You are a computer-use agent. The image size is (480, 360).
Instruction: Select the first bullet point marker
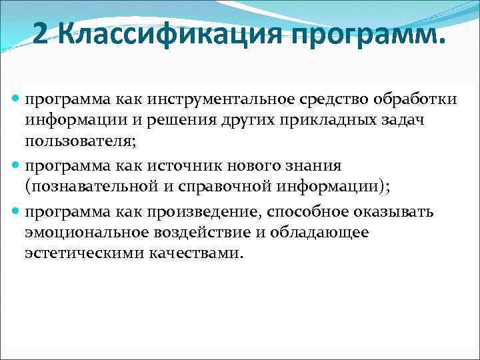[x=17, y=99]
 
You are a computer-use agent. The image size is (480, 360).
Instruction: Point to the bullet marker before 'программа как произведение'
[x=17, y=212]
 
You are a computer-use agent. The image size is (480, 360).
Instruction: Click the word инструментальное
[x=209, y=99]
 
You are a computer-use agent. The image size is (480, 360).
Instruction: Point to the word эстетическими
[x=78, y=253]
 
